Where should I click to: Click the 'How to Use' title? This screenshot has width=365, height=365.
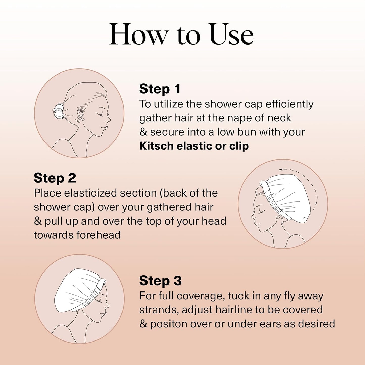[181, 35]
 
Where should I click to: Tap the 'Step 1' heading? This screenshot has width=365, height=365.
[160, 89]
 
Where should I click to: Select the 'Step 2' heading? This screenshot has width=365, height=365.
[55, 178]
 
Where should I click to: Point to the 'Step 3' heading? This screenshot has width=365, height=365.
[160, 281]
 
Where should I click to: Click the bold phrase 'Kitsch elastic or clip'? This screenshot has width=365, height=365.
[194, 146]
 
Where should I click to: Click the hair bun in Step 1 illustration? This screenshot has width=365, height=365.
[59, 111]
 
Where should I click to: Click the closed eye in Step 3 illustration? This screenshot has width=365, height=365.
[99, 301]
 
